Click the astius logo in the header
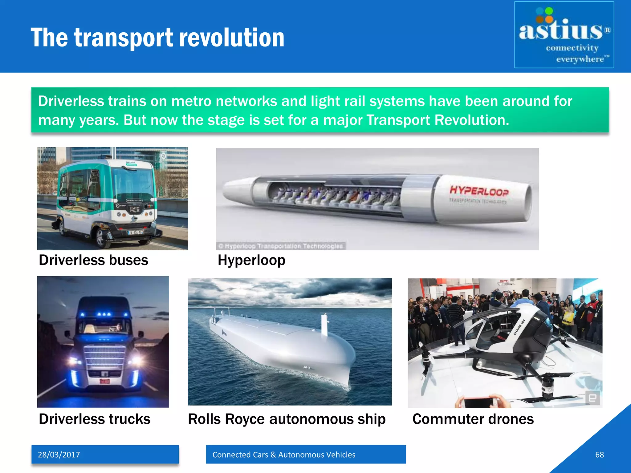click(564, 35)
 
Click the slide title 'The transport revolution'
click(157, 38)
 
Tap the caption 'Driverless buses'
click(93, 260)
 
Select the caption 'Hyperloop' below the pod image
click(251, 260)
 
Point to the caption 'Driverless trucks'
click(95, 419)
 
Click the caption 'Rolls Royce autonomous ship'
click(287, 419)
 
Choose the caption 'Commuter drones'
click(473, 419)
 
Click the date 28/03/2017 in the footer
click(59, 455)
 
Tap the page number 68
click(599, 455)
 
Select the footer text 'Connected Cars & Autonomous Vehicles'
click(284, 455)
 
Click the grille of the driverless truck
click(105, 357)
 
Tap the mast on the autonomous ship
click(324, 323)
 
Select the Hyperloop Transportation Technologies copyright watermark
click(281, 246)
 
